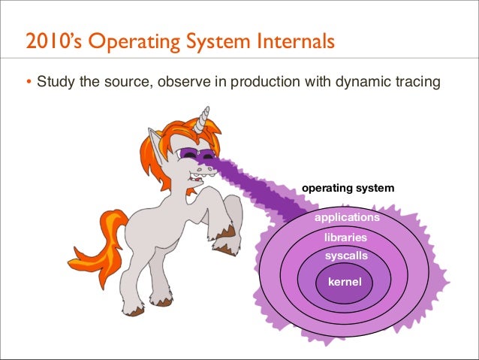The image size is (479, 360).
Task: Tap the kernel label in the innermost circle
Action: (345, 283)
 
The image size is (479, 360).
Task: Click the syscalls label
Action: (346, 256)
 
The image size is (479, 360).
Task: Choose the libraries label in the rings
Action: (345, 237)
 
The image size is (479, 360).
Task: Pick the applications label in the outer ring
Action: (346, 217)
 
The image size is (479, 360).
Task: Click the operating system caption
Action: (347, 187)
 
